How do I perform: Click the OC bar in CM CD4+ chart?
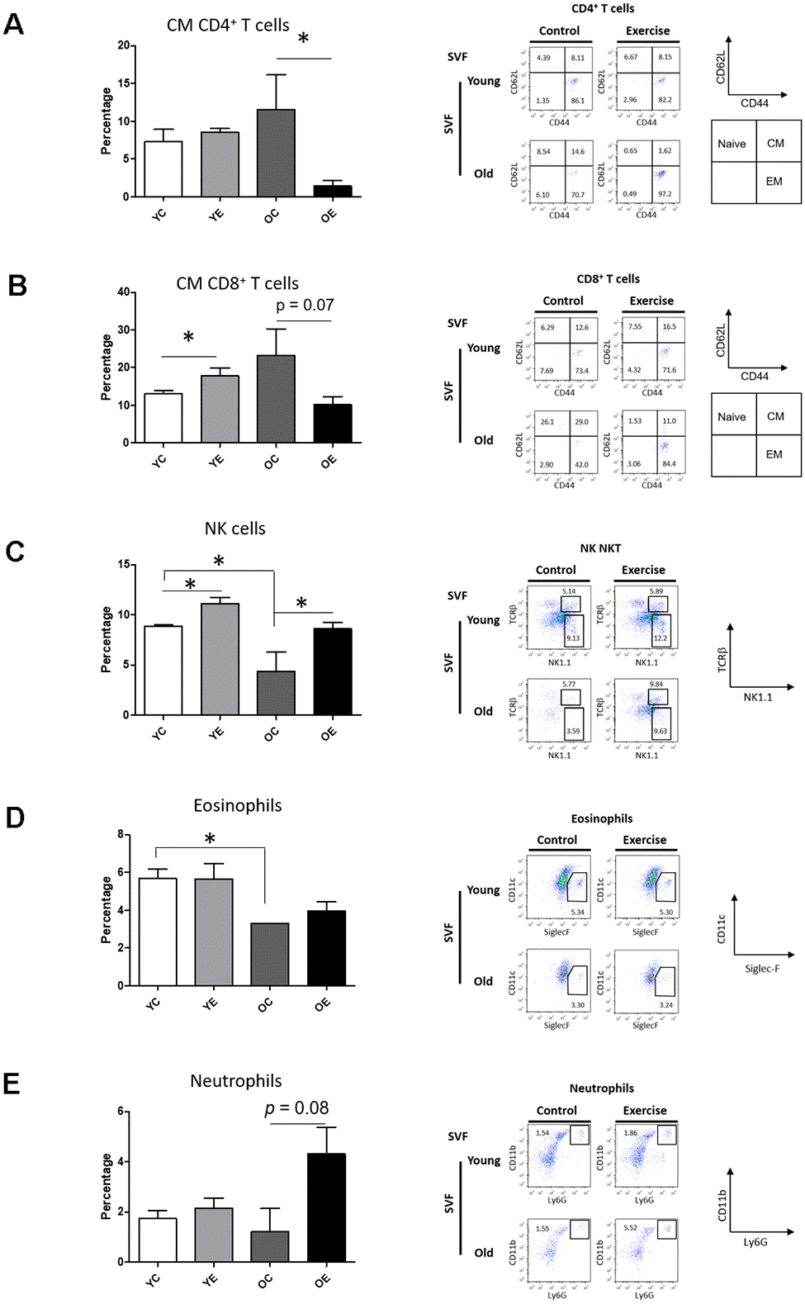pos(276,153)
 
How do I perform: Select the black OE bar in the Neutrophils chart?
pos(326,1207)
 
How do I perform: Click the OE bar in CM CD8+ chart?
pos(333,423)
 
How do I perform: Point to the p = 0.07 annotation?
pos(305,306)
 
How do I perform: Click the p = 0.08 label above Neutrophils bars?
pos(296,1108)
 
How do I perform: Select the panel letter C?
pos(15,552)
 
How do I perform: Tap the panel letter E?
pos(12,1084)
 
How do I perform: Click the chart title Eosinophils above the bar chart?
pos(237,805)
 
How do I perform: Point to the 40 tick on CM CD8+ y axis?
pos(124,292)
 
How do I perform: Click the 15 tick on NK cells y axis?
pos(124,565)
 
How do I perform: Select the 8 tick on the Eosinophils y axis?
pos(121,835)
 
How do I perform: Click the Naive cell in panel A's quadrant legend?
pos(732,144)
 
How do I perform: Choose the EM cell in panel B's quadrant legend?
pos(774,454)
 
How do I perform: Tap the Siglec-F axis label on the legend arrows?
pos(761,969)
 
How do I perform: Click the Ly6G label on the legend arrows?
pos(755,1242)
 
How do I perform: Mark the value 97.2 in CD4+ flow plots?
pos(665,195)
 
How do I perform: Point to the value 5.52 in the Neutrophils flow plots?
pos(630,1228)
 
